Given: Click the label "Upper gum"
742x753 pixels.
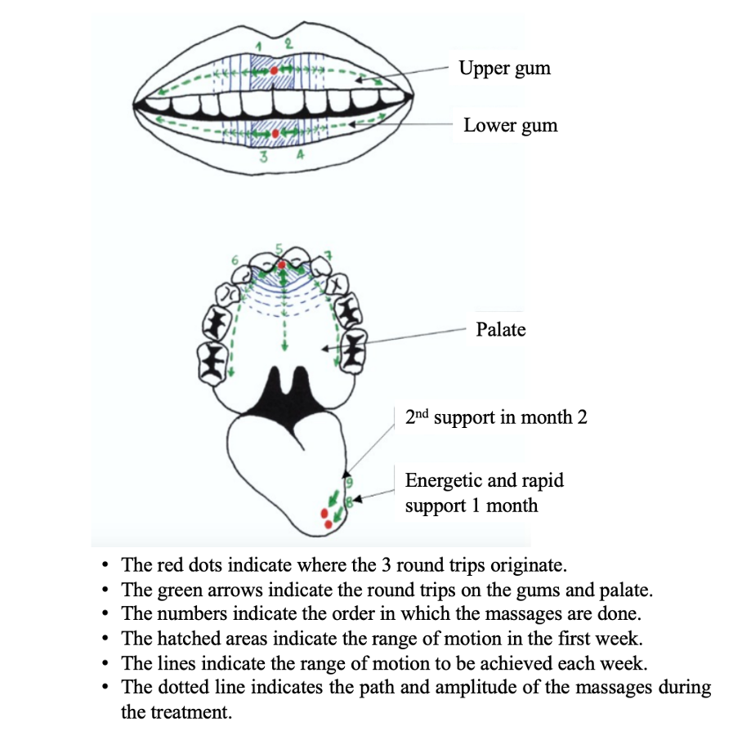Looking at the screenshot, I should point(504,68).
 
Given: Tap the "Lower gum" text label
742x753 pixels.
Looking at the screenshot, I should point(510,126).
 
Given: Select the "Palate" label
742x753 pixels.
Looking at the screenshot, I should point(500,330).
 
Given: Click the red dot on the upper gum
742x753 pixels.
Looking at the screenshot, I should point(273,71).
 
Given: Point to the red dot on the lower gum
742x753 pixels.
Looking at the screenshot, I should point(275,132).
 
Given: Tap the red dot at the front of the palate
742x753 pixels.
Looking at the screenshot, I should point(282,265).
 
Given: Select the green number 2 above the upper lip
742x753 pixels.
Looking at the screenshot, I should point(288,43).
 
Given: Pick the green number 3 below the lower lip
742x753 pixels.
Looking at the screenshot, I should point(263,158).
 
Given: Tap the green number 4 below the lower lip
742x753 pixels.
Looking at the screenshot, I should point(300,158).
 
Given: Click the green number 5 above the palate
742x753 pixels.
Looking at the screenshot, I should point(279,248).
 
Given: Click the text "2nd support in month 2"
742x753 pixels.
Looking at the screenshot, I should point(496,417).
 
